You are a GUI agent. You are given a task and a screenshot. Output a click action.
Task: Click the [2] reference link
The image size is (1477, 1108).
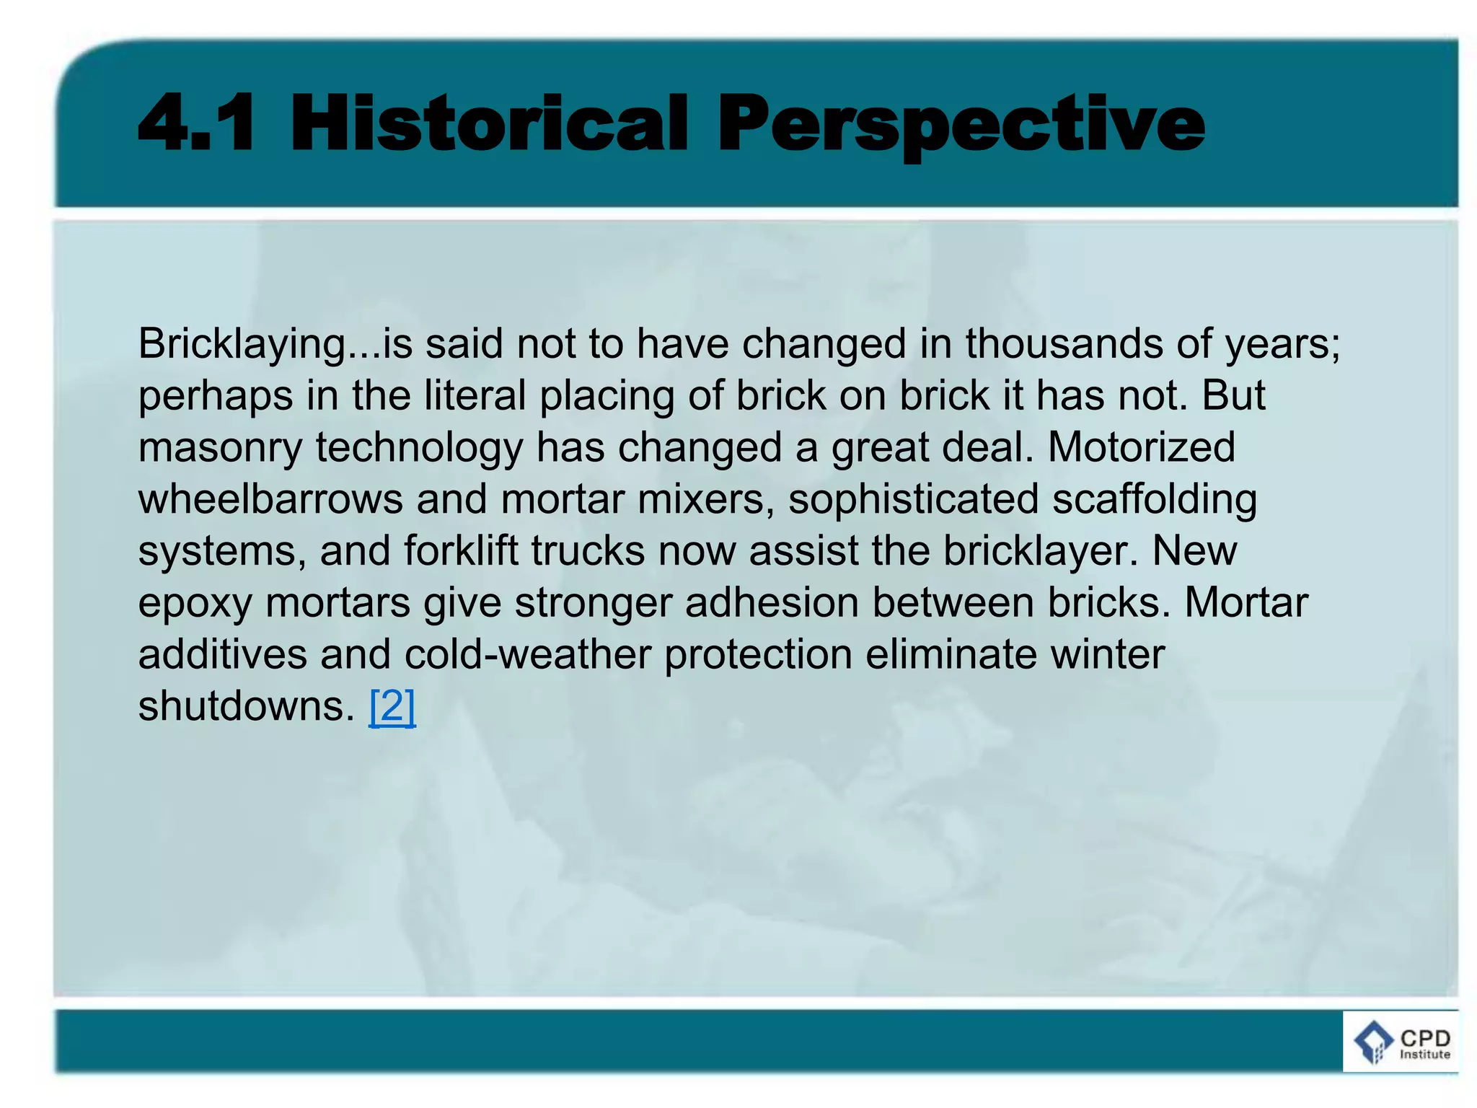(x=392, y=706)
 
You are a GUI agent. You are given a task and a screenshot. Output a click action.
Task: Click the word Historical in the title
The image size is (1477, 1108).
(x=489, y=123)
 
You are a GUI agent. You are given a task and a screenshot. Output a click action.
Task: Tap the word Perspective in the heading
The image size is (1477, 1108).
(x=961, y=123)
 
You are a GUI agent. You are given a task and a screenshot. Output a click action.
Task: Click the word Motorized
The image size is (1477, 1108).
(x=1141, y=447)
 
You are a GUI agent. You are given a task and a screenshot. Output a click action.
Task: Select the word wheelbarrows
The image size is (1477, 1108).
(x=270, y=499)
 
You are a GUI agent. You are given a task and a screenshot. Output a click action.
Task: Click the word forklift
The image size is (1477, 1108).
(x=461, y=551)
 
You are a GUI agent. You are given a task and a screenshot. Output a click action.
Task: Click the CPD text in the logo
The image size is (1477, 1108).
(x=1424, y=1038)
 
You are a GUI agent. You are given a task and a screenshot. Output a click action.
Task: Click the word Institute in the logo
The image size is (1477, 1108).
(x=1424, y=1055)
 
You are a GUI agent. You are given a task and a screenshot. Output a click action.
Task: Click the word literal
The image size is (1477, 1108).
(x=475, y=395)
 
